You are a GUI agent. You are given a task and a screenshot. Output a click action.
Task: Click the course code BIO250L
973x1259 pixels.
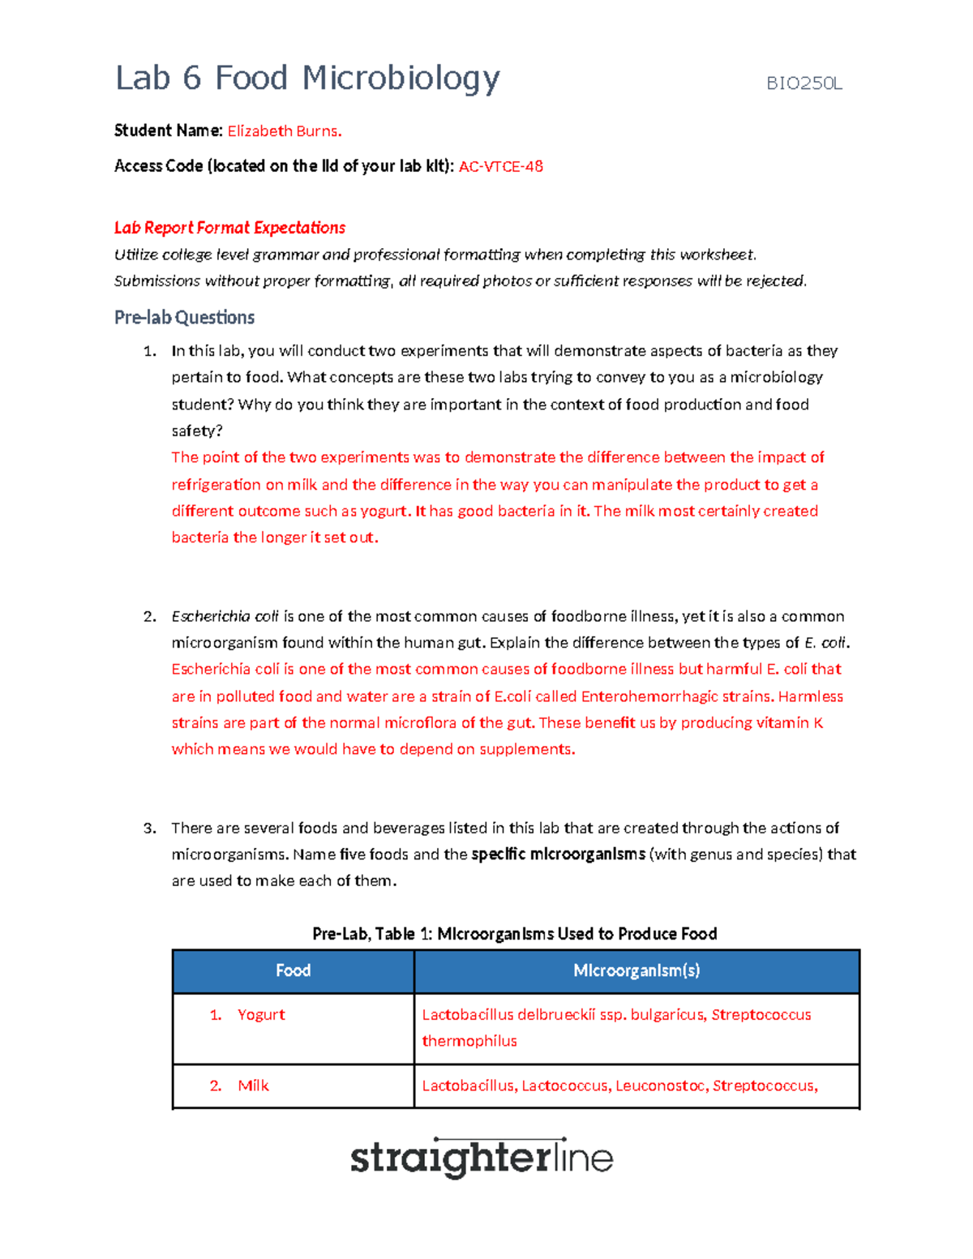[804, 84]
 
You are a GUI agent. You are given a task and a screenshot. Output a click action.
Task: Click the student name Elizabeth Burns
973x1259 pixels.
[284, 131]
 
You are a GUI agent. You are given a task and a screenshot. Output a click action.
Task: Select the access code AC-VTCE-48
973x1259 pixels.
[501, 167]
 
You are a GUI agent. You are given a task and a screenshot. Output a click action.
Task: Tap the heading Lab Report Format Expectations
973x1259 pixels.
[229, 228]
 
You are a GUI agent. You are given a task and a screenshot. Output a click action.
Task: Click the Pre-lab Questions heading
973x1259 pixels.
[184, 318]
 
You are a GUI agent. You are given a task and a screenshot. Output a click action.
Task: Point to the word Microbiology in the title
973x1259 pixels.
[401, 79]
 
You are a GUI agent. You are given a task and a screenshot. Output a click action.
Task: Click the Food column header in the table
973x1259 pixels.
[293, 971]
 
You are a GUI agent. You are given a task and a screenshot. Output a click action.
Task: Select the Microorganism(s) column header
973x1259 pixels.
[637, 971]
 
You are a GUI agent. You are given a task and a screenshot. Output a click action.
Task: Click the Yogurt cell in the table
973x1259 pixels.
[261, 1015]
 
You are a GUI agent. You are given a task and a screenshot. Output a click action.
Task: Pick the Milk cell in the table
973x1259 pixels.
[253, 1086]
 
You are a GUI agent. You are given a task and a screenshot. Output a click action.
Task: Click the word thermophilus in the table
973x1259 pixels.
[469, 1042]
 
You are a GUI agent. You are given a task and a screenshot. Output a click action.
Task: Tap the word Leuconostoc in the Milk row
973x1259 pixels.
[660, 1086]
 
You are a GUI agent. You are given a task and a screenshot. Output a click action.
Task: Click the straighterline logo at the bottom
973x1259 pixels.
[481, 1158]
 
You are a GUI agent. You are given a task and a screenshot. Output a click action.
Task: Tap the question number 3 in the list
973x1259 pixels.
[149, 829]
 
